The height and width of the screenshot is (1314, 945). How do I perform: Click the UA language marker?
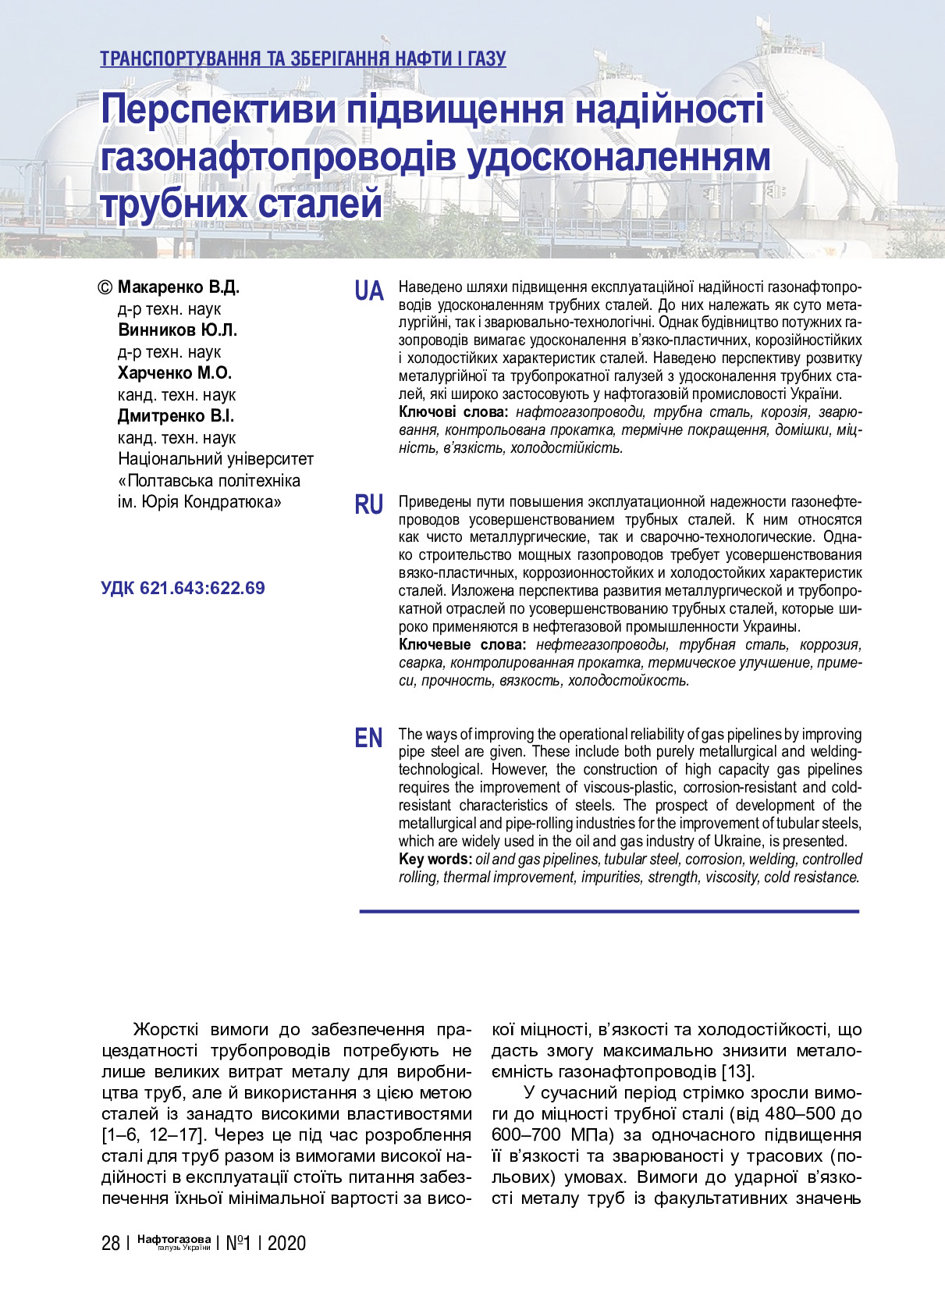click(369, 291)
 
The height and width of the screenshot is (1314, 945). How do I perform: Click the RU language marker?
click(369, 505)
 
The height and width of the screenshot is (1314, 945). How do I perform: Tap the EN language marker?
click(369, 738)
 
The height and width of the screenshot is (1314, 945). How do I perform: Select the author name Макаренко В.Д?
click(178, 287)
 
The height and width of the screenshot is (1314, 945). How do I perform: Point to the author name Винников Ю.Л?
click(177, 329)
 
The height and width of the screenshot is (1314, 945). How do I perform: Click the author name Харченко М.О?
click(175, 372)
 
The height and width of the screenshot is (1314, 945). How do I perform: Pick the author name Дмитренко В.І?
click(176, 415)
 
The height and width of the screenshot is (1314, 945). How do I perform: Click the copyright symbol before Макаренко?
click(105, 287)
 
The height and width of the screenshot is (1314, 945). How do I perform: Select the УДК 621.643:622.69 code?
click(183, 588)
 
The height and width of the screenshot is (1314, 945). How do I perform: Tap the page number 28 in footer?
click(110, 1243)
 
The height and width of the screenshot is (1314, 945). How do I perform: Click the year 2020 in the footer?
click(286, 1243)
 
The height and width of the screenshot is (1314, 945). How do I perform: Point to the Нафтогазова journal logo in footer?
click(174, 1241)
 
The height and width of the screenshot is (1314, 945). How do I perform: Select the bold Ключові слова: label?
click(453, 411)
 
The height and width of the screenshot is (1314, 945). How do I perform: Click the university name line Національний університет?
click(215, 458)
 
